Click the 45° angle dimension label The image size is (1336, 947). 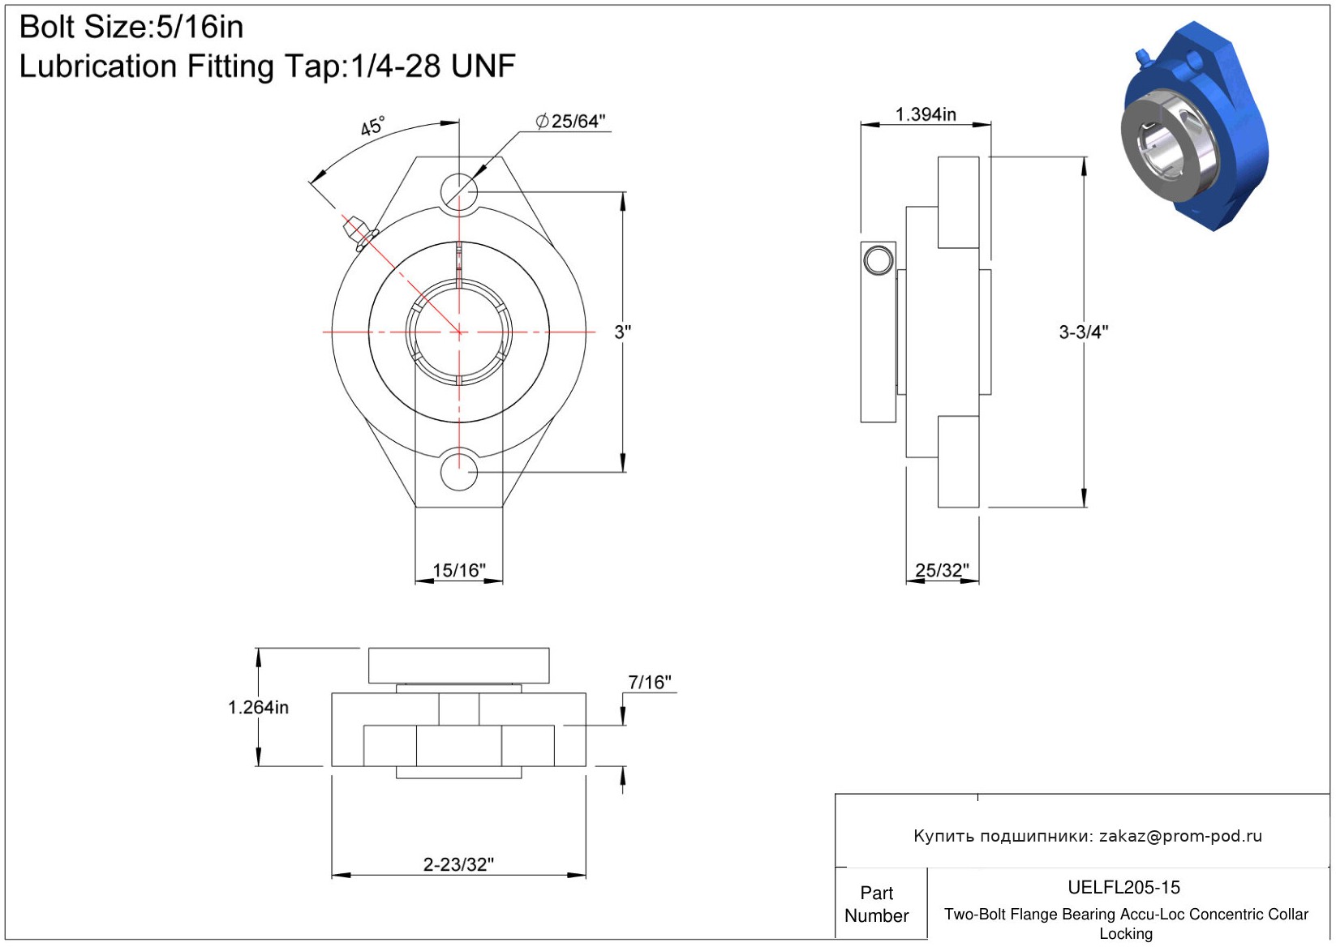point(373,126)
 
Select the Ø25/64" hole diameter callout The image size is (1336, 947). point(570,121)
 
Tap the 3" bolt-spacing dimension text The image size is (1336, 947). point(623,332)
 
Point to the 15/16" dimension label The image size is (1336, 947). point(458,570)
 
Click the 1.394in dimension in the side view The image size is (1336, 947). point(926,114)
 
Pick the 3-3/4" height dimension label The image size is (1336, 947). point(1083,332)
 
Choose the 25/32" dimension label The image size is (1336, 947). point(942,570)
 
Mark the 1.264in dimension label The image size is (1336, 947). point(258,708)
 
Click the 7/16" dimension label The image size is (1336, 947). point(650,683)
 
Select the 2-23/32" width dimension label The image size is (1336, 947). point(458,864)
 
